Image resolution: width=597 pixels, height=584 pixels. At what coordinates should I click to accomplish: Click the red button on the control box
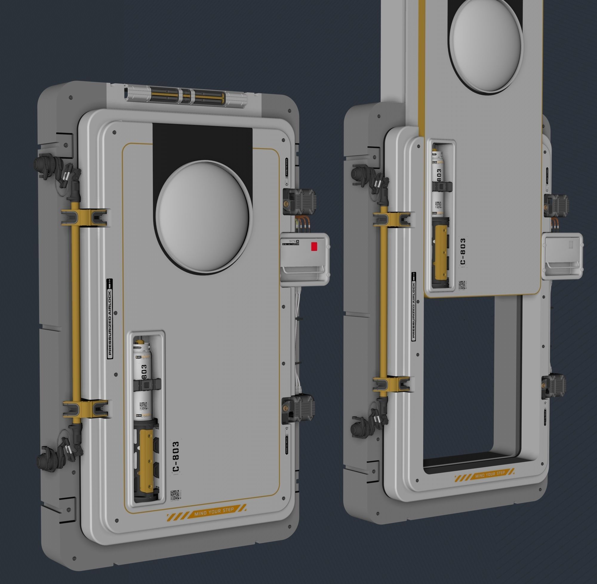pyautogui.click(x=314, y=246)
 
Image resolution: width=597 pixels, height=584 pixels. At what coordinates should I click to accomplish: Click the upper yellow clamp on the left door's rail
pyautogui.click(x=85, y=217)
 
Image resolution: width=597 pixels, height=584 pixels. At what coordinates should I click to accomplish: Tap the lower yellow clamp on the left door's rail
pyautogui.click(x=86, y=409)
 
